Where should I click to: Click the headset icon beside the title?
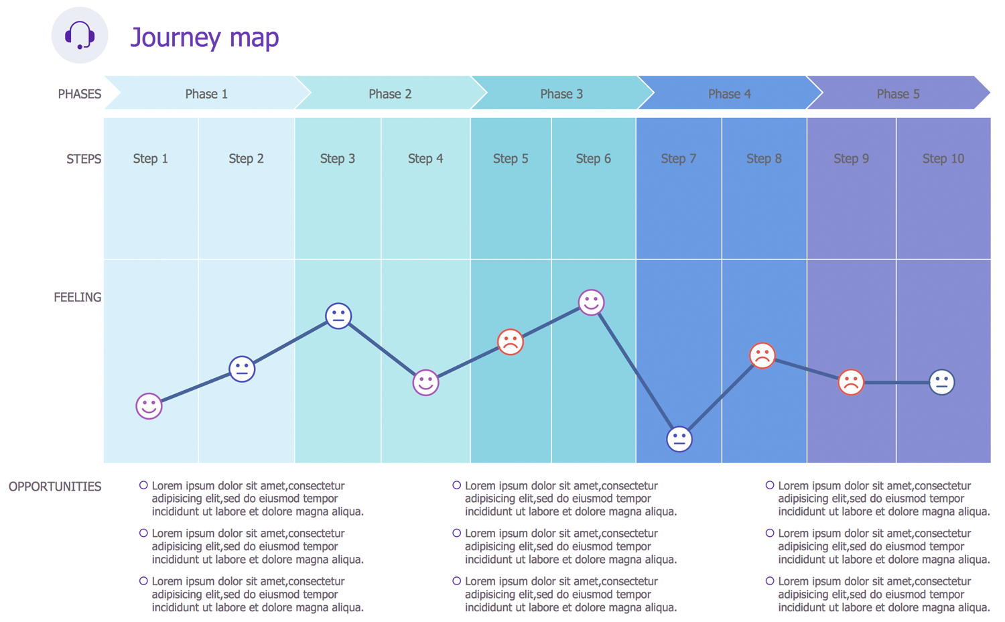pyautogui.click(x=80, y=36)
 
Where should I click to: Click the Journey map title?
pyautogui.click(x=204, y=38)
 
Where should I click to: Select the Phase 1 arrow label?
pyautogui.click(x=206, y=94)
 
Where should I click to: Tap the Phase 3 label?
pyautogui.click(x=561, y=94)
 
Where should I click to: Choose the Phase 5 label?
pyautogui.click(x=898, y=94)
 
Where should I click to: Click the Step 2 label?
pyautogui.click(x=246, y=159)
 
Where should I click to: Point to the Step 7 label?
pyautogui.click(x=678, y=159)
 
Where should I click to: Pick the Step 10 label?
pyautogui.click(x=943, y=159)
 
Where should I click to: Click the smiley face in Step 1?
pyautogui.click(x=149, y=406)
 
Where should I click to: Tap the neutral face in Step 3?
pyautogui.click(x=338, y=315)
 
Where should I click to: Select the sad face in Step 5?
pyautogui.click(x=510, y=342)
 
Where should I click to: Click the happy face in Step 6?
pyautogui.click(x=591, y=302)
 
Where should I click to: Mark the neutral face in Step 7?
pyautogui.click(x=679, y=439)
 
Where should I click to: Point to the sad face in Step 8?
pyautogui.click(x=762, y=355)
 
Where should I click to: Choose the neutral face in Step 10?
pyautogui.click(x=941, y=382)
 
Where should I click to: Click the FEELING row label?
pyautogui.click(x=78, y=298)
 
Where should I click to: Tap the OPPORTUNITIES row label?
pyautogui.click(x=55, y=487)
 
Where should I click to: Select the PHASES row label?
pyautogui.click(x=79, y=94)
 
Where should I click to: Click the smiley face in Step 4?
pyautogui.click(x=425, y=383)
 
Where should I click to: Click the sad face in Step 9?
pyautogui.click(x=851, y=382)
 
